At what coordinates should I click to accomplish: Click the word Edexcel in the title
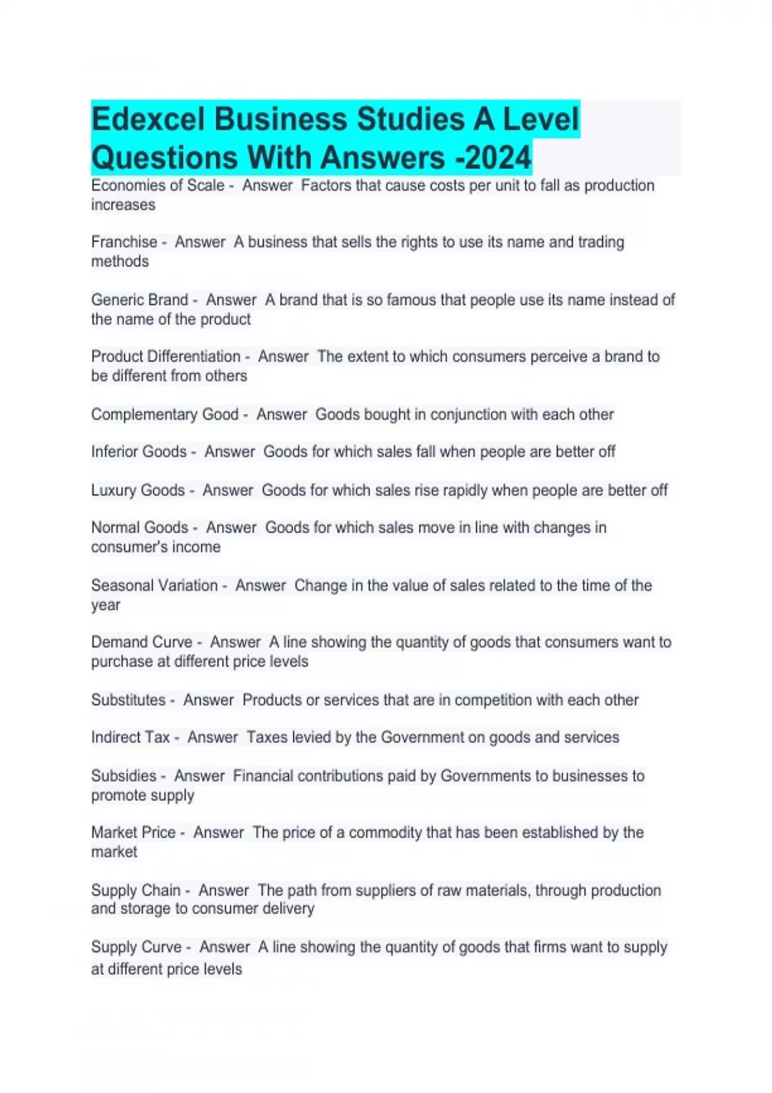(x=149, y=120)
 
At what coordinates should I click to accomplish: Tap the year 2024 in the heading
(x=499, y=158)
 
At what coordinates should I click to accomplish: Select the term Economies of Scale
(x=158, y=186)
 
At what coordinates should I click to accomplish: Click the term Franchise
(x=124, y=242)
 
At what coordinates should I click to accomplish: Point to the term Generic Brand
(x=140, y=300)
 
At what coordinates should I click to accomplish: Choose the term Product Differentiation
(x=165, y=357)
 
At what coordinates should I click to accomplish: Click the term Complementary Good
(x=165, y=415)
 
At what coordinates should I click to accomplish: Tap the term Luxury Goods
(x=138, y=491)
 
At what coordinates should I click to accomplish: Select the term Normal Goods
(x=140, y=528)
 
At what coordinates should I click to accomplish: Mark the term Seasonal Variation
(x=154, y=586)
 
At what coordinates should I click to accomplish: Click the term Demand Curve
(x=142, y=642)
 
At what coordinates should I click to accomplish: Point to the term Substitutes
(x=128, y=700)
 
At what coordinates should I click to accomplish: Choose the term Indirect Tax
(x=131, y=737)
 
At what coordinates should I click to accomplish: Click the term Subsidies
(x=124, y=776)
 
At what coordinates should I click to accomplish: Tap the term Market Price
(x=133, y=833)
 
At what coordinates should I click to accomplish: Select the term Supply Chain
(x=136, y=890)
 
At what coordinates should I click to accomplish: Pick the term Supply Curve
(x=136, y=947)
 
